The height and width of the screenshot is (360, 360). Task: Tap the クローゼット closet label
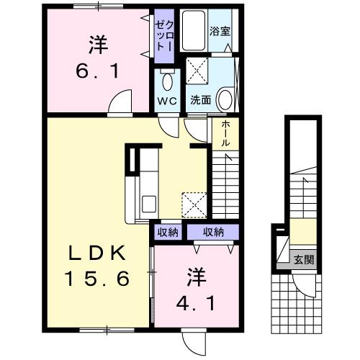tap(163, 35)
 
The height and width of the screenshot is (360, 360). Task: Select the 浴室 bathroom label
tap(219, 32)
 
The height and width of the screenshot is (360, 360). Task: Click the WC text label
tap(167, 100)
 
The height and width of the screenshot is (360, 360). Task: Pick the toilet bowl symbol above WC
tap(167, 80)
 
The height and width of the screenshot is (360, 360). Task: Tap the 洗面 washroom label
tap(201, 100)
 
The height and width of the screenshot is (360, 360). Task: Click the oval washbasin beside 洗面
tap(225, 98)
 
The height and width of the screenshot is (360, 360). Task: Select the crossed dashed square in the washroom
tap(198, 71)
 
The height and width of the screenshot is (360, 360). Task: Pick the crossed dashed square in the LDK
tap(192, 204)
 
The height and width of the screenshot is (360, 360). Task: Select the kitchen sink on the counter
tap(150, 202)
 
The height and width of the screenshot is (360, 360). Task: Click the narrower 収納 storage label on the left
tap(168, 232)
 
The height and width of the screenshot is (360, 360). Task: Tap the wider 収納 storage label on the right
tap(212, 232)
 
